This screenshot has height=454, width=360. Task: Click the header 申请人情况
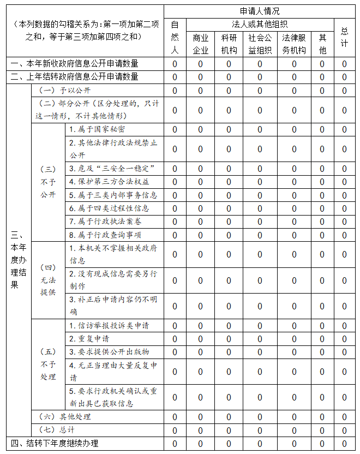[260, 11]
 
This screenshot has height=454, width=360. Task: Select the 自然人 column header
[175, 37]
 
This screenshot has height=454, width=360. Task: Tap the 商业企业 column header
[200, 44]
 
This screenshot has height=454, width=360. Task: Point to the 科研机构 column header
[229, 44]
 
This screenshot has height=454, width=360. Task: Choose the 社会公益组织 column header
[260, 44]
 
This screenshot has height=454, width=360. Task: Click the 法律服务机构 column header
[294, 44]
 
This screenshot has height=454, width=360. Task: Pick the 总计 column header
[344, 37]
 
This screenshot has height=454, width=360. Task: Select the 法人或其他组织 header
[260, 24]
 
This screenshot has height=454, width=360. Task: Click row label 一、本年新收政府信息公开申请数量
[75, 64]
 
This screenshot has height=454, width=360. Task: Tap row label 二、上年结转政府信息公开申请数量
[75, 77]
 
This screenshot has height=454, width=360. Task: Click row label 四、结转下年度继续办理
[55, 443]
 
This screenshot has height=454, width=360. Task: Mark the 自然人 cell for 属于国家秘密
[175, 129]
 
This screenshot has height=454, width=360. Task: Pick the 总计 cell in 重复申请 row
[344, 338]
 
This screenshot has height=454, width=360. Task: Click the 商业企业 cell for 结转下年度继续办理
[200, 443]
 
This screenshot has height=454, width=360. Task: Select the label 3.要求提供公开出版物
[109, 351]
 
